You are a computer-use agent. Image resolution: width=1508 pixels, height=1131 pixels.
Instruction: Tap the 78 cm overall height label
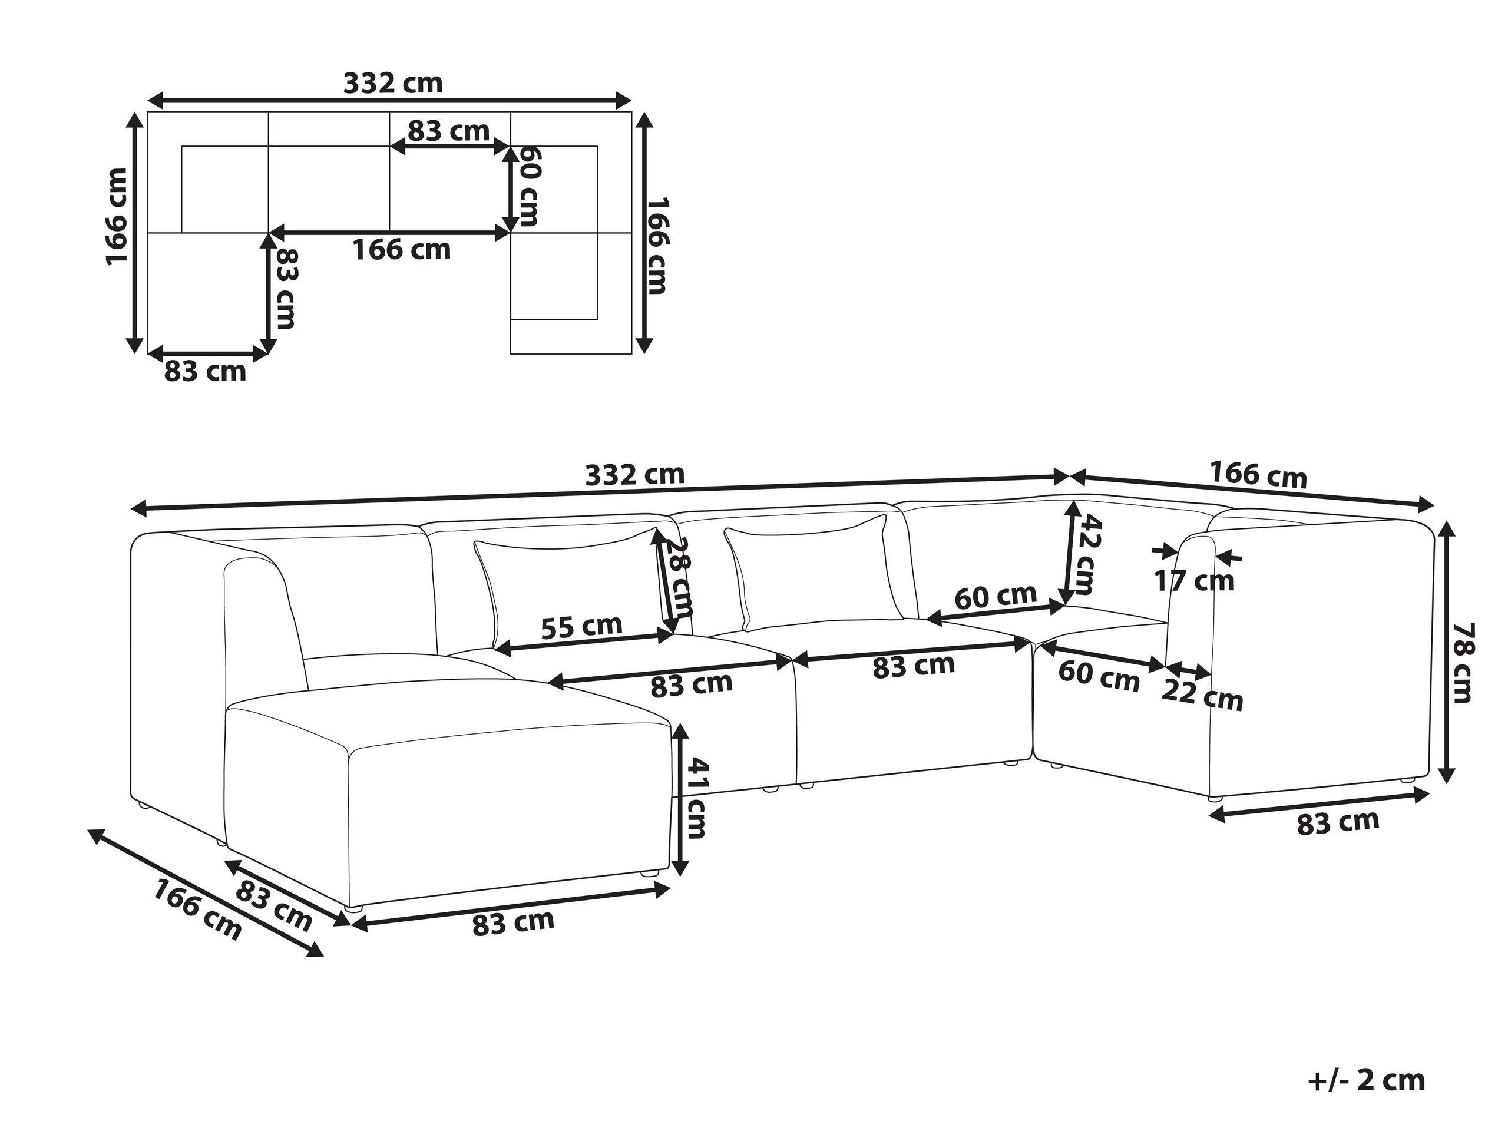[x=1461, y=662]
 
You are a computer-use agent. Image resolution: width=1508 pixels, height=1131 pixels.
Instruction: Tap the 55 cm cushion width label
[x=581, y=625]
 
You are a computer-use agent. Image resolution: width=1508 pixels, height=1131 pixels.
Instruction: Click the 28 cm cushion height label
[x=680, y=576]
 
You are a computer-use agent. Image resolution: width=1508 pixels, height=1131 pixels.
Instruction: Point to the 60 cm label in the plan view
[x=528, y=186]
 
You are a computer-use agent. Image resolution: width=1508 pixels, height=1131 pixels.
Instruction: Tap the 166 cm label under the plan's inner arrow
[x=402, y=250]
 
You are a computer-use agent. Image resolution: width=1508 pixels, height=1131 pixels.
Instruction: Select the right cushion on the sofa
[x=815, y=571]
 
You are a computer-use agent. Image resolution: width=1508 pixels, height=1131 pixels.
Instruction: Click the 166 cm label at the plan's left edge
[x=117, y=216]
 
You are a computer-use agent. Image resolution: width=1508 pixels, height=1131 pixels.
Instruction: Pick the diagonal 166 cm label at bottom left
[x=196, y=910]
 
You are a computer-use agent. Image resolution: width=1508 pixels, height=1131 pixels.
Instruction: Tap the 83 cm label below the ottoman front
[x=512, y=923]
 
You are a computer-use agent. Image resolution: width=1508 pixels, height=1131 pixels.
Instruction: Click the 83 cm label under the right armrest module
[x=1338, y=822]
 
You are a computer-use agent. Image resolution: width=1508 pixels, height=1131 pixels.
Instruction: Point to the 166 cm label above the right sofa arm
[x=1258, y=475]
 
